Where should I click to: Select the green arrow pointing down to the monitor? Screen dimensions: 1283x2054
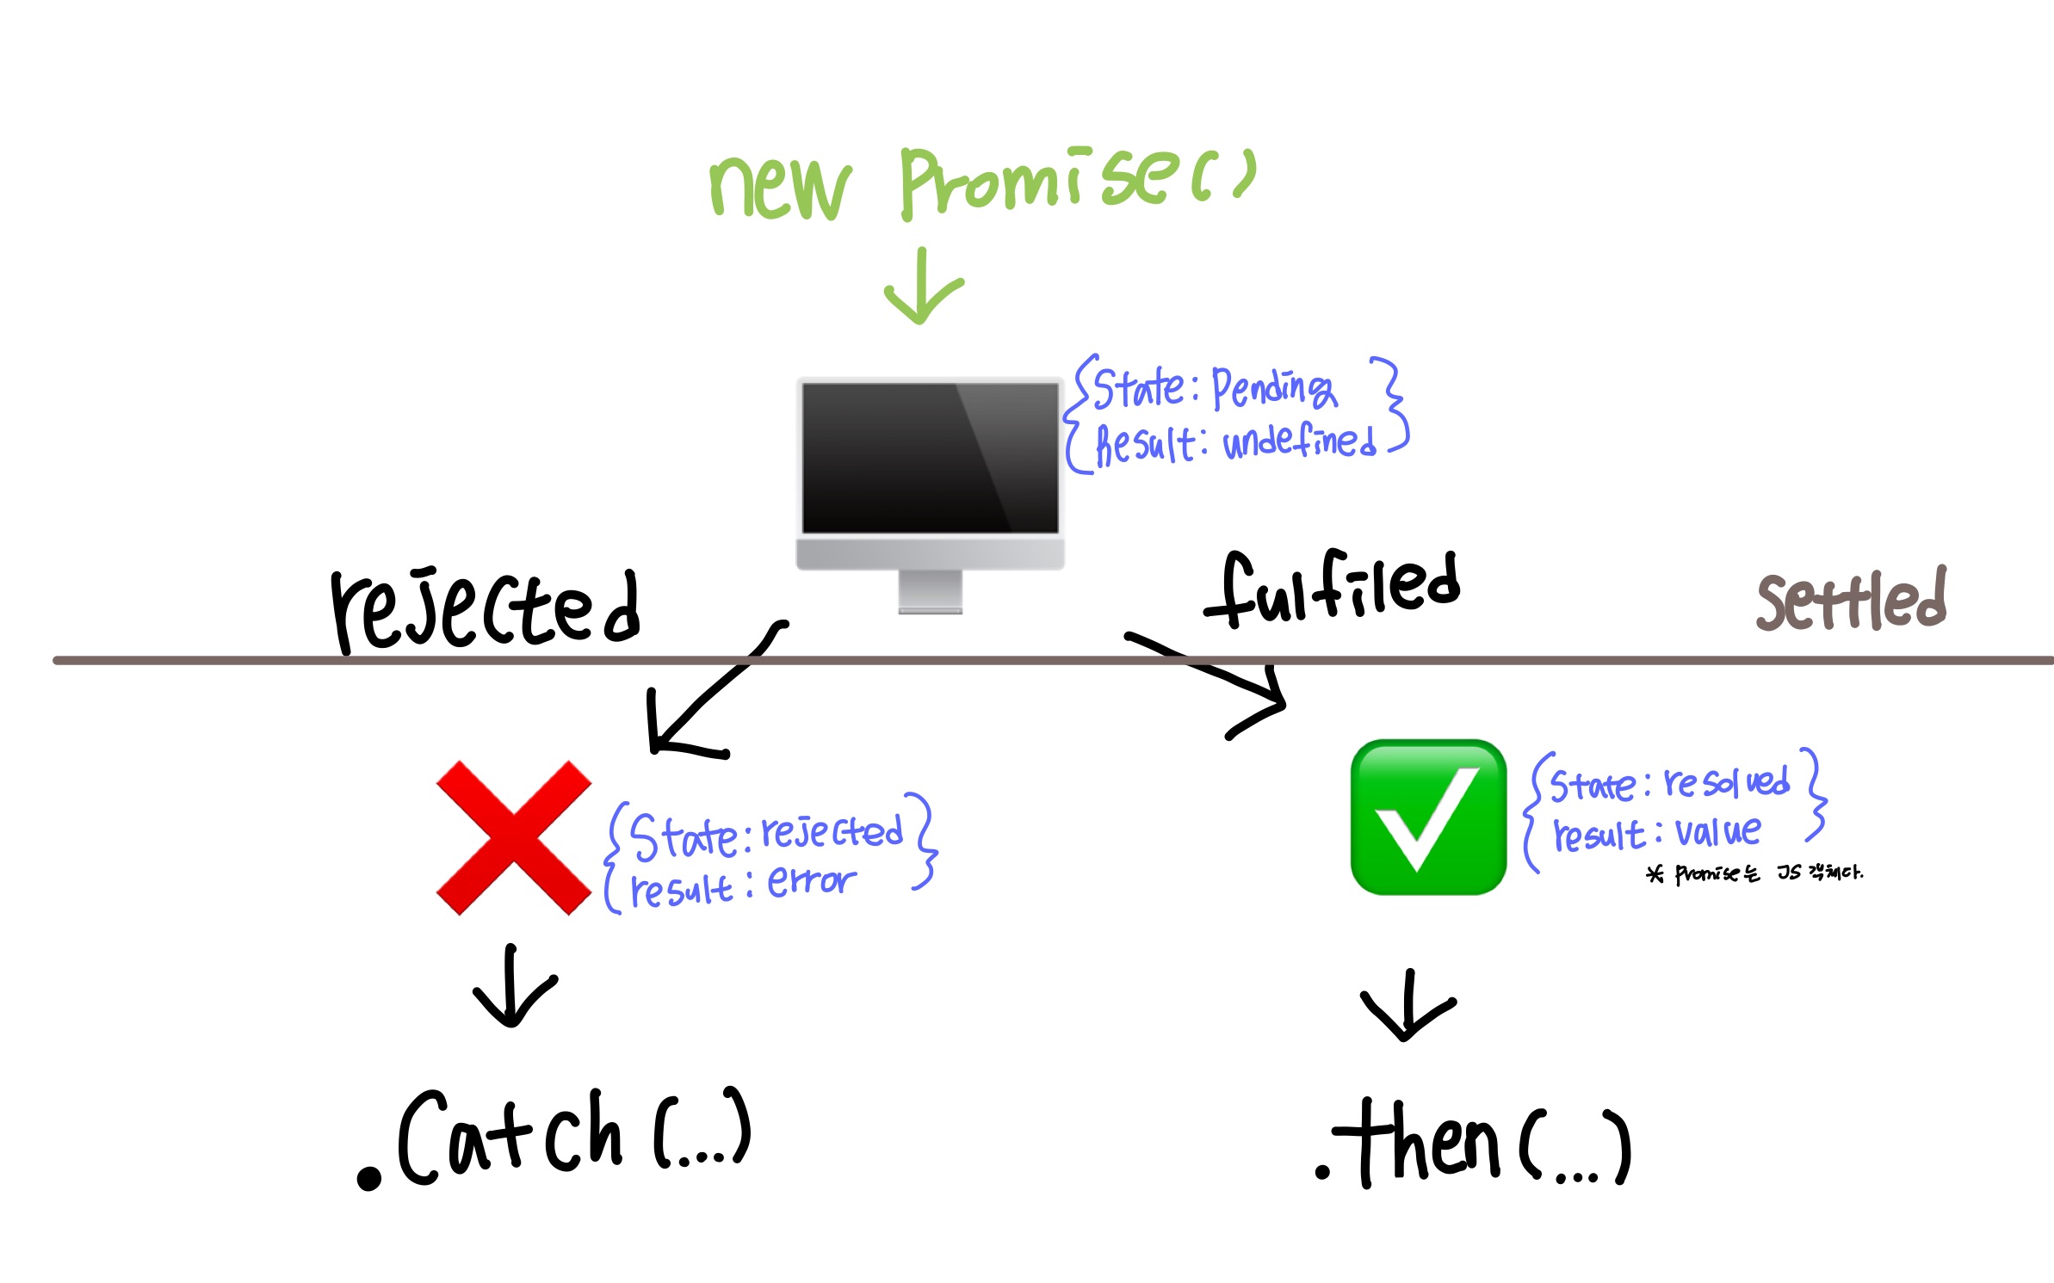pos(923,287)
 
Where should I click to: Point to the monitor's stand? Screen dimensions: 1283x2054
pos(930,592)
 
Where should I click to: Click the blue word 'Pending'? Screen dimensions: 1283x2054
pos(1274,389)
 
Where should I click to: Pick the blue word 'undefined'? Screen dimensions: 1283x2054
pos(1299,442)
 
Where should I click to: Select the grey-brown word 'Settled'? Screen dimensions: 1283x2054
pos(1851,601)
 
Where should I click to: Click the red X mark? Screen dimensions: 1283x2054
pos(514,837)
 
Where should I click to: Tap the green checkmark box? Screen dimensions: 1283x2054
pos(1428,817)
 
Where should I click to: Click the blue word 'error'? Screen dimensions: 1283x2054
pos(811,881)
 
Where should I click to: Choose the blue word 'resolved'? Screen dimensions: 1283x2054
pos(1726,782)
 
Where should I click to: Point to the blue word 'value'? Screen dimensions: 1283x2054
pos(1717,832)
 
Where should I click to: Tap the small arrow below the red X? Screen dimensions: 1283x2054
pos(514,987)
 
